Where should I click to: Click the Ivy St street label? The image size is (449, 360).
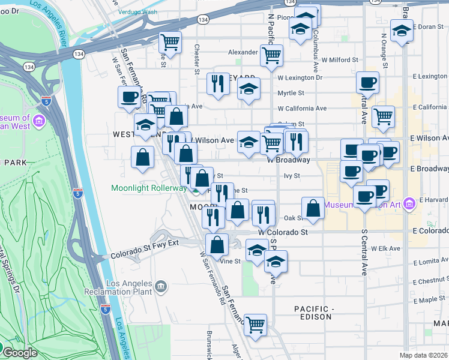point(291,176)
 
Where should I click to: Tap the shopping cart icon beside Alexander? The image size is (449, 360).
point(271,55)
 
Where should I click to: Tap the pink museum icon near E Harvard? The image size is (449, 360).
point(410,203)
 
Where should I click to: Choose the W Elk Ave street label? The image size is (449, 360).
point(385,248)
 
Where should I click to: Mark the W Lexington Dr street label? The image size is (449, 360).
point(300,77)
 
